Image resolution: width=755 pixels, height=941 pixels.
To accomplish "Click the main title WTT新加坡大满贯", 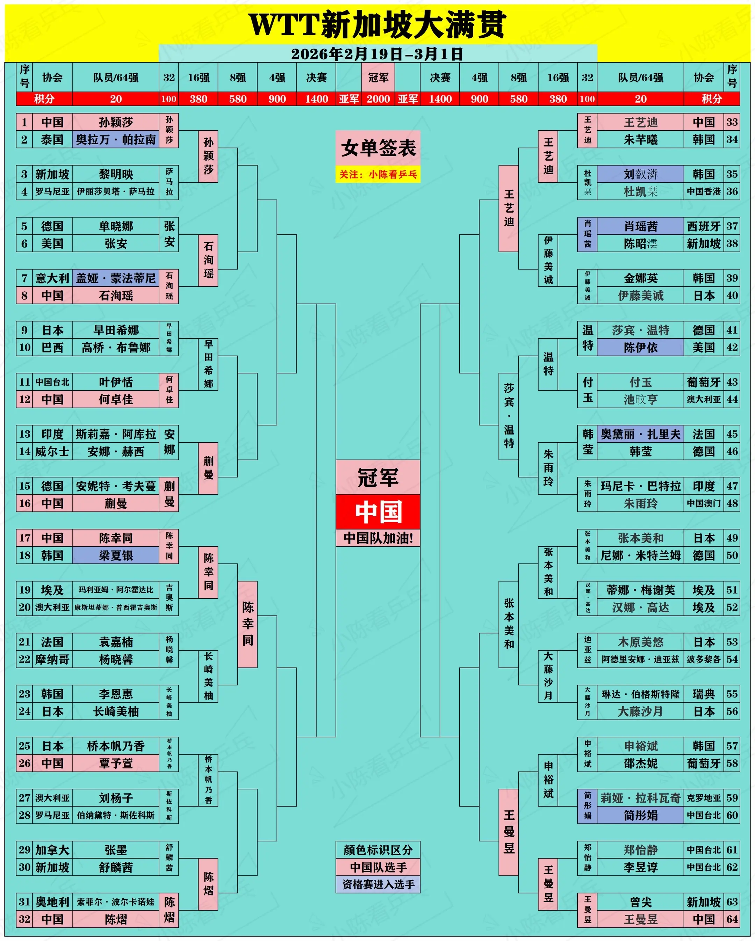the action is (377, 24).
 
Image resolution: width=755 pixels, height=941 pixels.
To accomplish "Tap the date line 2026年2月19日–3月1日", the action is (377, 54).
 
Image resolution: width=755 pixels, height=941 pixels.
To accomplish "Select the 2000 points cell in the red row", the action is (378, 99).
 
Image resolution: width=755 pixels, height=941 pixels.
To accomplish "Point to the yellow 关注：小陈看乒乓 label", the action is (378, 175).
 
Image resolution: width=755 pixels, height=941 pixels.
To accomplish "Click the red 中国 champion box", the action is (378, 511).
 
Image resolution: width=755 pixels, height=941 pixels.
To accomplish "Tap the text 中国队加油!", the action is (378, 538).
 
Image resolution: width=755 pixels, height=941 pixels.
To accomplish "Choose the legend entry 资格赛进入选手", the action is (378, 884).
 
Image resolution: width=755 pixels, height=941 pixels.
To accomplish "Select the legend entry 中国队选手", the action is (378, 867).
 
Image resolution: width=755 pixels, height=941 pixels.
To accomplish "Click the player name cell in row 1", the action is (116, 122).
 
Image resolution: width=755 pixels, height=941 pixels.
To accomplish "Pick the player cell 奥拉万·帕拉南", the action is (116, 140).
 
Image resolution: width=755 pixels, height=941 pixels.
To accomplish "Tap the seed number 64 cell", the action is (732, 919).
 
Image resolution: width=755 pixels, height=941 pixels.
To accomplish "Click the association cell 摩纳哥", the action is (52, 659).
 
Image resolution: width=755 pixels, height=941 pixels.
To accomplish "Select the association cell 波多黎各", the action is (704, 659).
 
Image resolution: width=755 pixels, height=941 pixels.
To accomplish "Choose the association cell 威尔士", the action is (52, 451).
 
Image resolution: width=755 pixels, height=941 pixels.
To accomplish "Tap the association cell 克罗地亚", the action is (704, 798).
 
